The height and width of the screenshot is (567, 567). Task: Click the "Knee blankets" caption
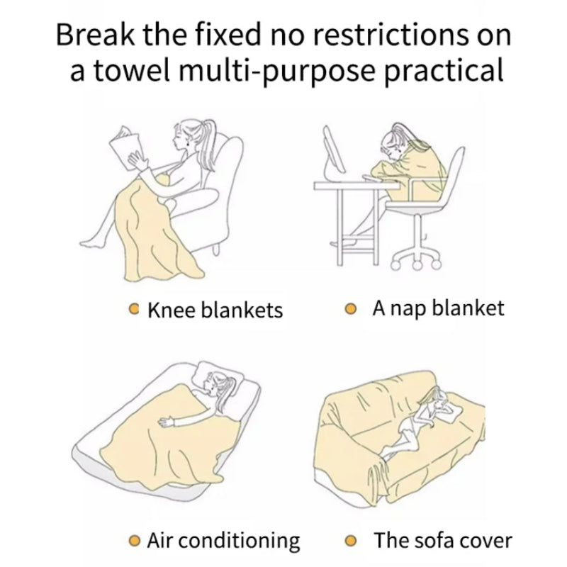215,310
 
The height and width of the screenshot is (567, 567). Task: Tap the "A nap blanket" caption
438,308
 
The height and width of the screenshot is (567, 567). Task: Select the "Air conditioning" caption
223,541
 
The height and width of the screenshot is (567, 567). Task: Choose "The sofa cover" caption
443,541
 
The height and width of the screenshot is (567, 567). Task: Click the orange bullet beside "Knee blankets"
134,308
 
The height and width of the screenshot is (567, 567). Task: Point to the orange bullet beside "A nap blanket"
350,309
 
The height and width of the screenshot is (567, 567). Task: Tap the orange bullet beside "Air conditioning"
134,541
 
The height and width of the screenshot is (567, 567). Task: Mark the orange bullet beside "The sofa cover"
350,541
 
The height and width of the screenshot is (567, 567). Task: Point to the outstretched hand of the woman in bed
166,421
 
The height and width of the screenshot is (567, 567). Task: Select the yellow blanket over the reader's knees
155,232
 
